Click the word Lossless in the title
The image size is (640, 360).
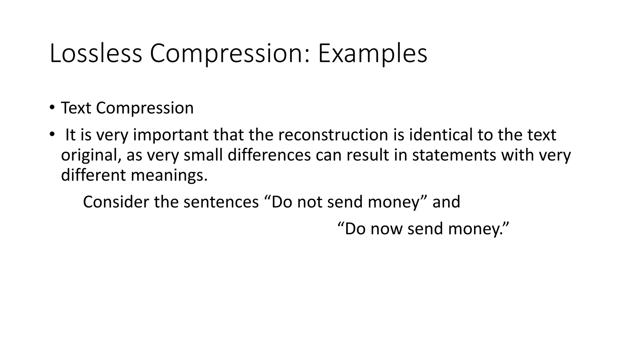[x=96, y=53]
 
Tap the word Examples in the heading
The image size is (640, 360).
[x=372, y=53]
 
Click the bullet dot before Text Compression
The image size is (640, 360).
[x=52, y=108]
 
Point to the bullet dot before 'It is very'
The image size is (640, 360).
[x=52, y=135]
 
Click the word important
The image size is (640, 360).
[x=171, y=135]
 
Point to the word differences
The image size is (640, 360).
[x=269, y=155]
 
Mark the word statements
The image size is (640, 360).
[x=454, y=155]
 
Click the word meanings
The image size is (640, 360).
[x=169, y=175]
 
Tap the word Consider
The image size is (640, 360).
[x=116, y=202]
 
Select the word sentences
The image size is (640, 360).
[x=221, y=202]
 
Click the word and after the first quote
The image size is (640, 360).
[x=446, y=202]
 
